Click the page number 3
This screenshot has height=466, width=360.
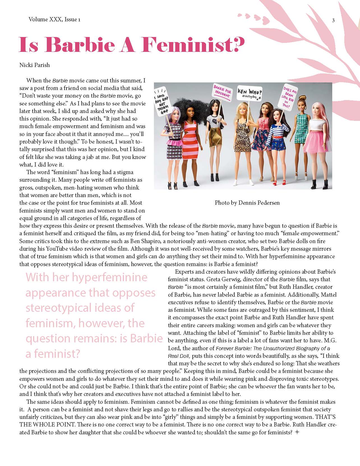point(333,20)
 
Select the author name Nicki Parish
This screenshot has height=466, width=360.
point(34,65)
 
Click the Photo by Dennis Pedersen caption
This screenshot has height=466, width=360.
point(247,202)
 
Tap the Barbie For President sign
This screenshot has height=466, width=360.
point(222,92)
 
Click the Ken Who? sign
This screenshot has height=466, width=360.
point(250,93)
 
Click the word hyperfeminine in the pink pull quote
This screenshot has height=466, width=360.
point(110,277)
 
